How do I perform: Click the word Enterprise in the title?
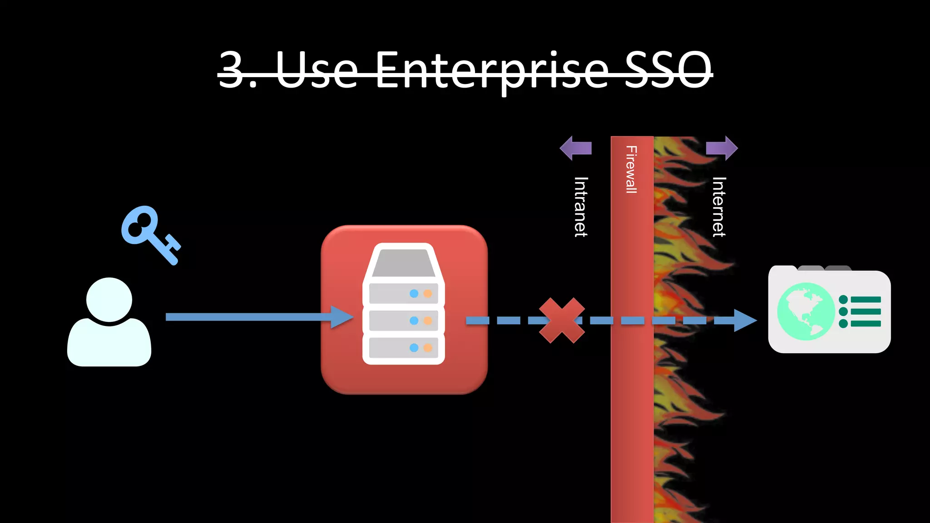coord(492,70)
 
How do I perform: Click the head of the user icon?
coord(109,300)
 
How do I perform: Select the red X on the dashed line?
coord(562,320)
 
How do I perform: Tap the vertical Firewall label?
coord(632,169)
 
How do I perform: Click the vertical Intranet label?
coord(581,207)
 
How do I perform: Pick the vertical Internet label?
coord(718,207)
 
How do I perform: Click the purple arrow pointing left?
coord(575,148)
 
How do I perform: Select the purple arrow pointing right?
coord(722,148)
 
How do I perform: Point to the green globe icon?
coord(806,311)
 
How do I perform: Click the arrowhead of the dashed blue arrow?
coord(745,321)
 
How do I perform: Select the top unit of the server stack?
coord(403,293)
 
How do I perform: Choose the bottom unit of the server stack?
coord(403,347)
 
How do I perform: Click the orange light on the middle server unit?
coord(427,321)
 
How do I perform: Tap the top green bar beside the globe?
coord(866,299)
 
